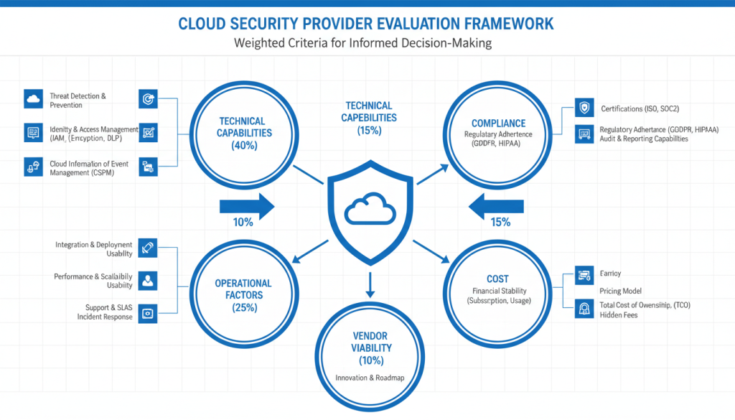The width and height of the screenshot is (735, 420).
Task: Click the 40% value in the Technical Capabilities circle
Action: [242, 145]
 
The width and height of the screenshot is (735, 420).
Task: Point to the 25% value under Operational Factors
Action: [243, 307]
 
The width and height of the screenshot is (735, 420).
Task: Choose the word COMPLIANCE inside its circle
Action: [498, 123]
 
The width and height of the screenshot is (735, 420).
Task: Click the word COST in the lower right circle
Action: [497, 279]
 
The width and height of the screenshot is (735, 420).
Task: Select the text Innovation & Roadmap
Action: [370, 378]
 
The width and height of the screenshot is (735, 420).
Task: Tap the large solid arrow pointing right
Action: [245, 207]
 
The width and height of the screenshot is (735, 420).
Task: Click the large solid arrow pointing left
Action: [495, 207]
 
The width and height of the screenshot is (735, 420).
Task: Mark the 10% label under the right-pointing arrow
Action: [243, 223]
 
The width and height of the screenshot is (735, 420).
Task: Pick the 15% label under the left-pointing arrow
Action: [500, 223]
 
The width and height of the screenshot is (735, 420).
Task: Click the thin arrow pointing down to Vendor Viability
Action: [370, 285]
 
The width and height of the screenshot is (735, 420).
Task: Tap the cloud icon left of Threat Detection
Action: [33, 99]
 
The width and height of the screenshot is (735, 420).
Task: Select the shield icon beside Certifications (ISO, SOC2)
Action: [585, 108]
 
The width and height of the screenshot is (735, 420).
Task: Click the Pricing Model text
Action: [620, 291]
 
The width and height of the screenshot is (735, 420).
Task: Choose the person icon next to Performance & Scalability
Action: [148, 281]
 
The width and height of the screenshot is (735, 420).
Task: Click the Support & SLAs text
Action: [108, 307]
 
